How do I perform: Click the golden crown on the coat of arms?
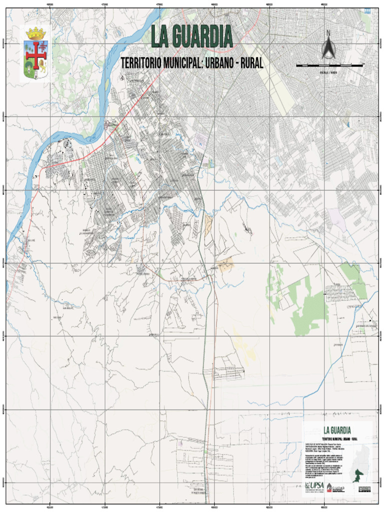(x=35, y=34)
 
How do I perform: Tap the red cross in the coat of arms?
(x=35, y=56)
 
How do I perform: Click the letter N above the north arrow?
(x=328, y=33)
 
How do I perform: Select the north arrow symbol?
(x=328, y=48)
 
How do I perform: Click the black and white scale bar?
(x=329, y=65)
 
